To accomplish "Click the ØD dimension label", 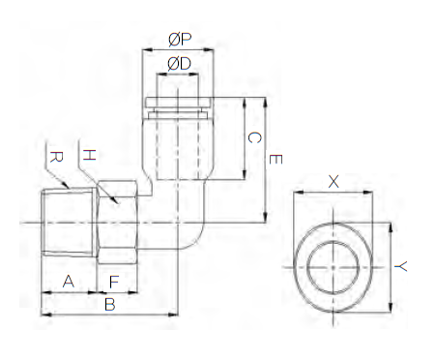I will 179,63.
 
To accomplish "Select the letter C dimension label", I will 254,138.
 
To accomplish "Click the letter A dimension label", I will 68,281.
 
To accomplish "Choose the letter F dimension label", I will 114,281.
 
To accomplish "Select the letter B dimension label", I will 109,304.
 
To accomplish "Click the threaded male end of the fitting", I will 69,225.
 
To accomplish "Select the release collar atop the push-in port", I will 178,103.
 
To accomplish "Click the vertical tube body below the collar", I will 178,145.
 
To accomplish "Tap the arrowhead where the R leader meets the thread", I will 65,188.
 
